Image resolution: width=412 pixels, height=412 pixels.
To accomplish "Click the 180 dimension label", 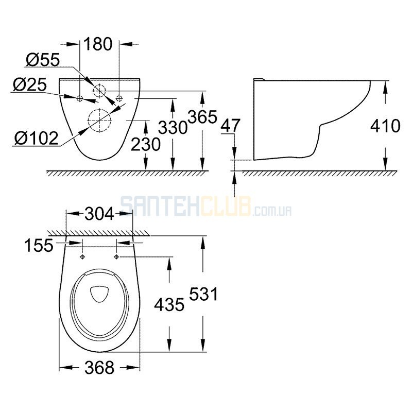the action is pyautogui.click(x=98, y=44).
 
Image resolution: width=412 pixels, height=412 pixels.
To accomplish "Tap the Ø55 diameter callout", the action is pyautogui.click(x=43, y=60).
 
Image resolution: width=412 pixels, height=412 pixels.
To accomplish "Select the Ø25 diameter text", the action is pyautogui.click(x=30, y=84).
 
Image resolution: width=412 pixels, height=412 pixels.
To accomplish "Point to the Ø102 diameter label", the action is pyautogui.click(x=36, y=138).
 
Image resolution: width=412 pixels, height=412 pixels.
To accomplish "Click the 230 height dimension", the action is pyautogui.click(x=146, y=144).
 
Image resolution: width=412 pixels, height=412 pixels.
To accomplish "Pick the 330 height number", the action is pyautogui.click(x=173, y=128).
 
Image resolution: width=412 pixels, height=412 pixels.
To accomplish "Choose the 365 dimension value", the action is pyautogui.click(x=202, y=117).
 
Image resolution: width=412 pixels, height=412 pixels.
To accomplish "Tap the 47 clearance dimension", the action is pyautogui.click(x=230, y=126).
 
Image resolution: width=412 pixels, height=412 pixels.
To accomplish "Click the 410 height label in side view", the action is pyautogui.click(x=385, y=126).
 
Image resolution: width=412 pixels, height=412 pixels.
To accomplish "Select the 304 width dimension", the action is pyautogui.click(x=99, y=214).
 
